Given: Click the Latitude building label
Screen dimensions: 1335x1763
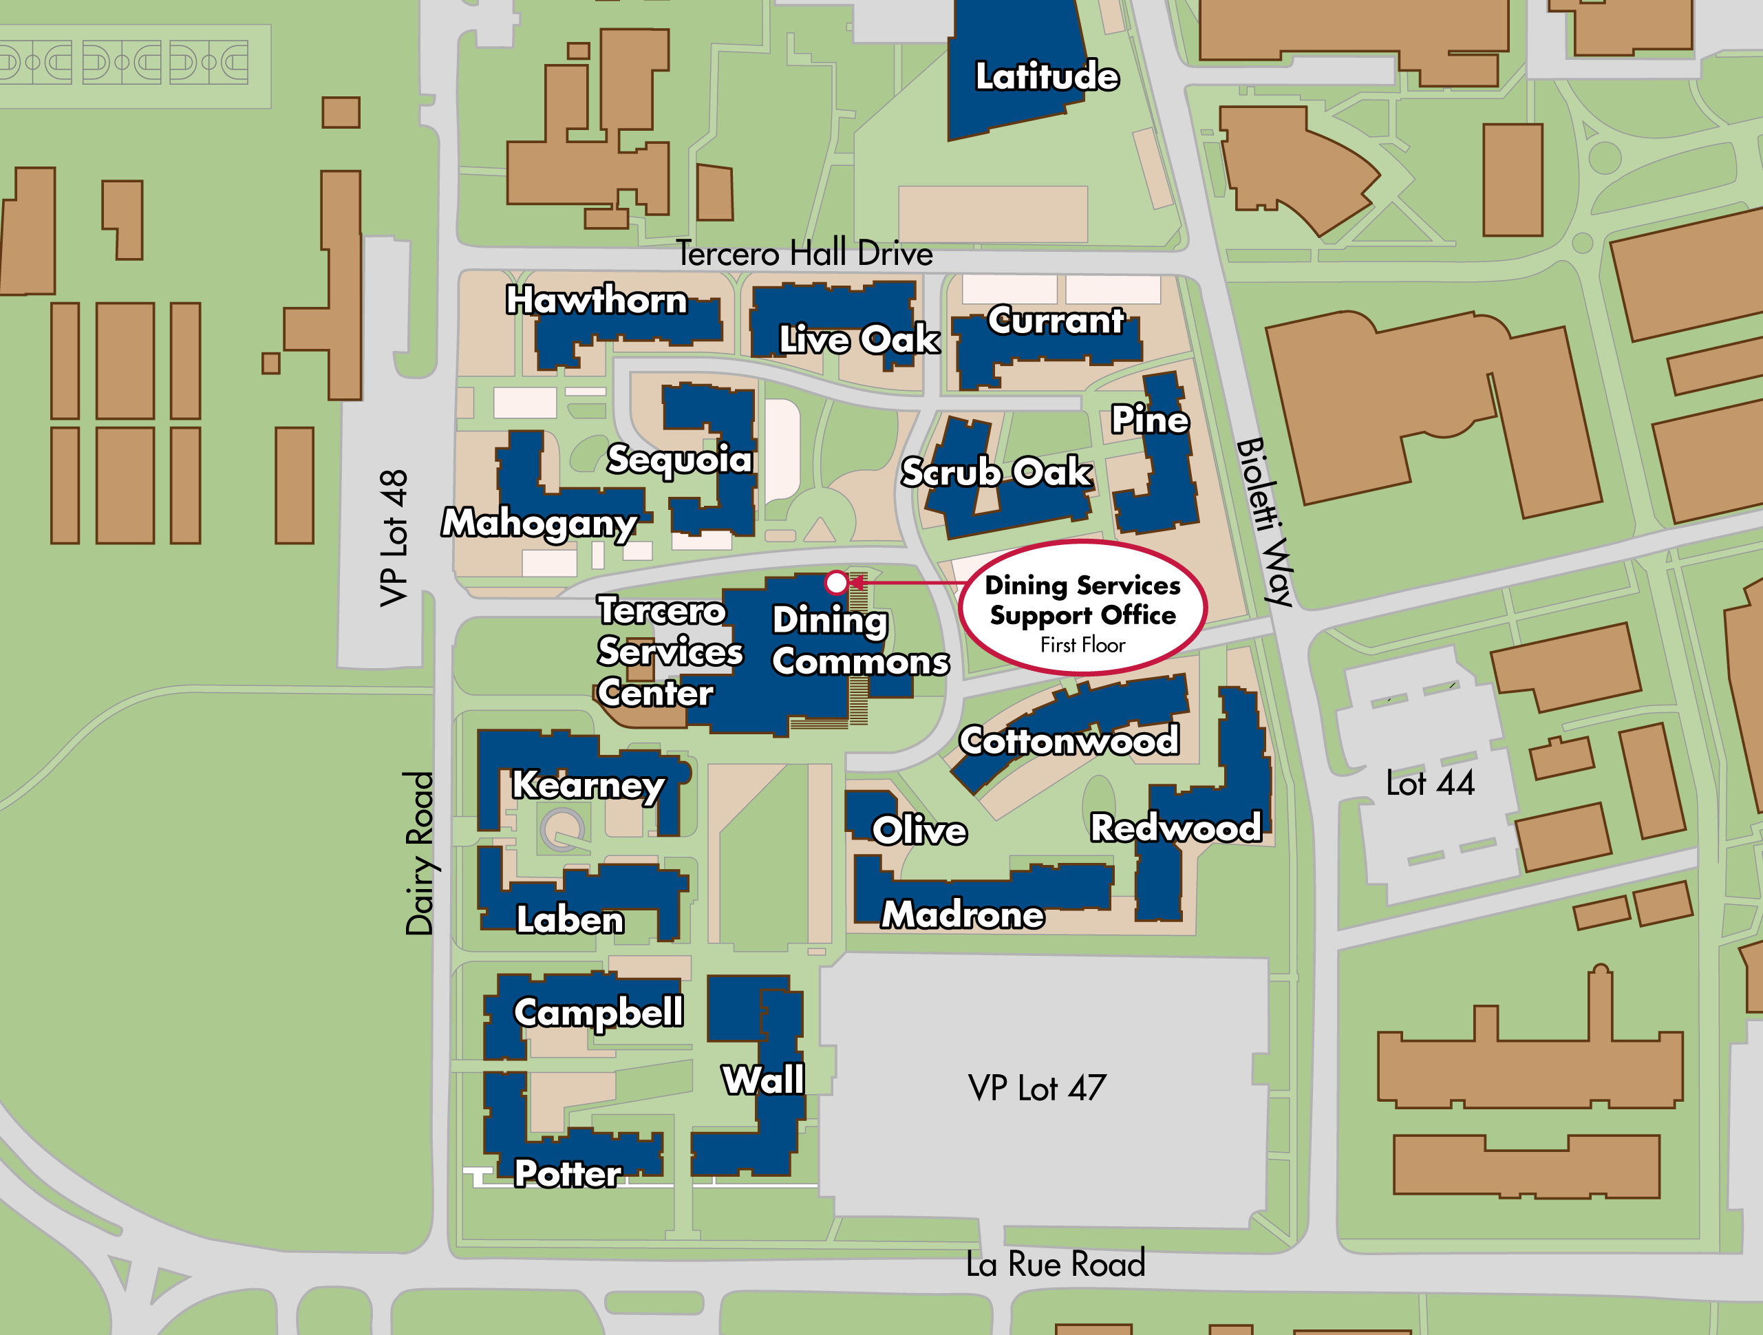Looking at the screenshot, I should click(1047, 76).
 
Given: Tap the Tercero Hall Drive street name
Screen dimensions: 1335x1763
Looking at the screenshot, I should click(804, 253).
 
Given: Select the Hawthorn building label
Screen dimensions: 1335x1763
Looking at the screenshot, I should click(596, 301).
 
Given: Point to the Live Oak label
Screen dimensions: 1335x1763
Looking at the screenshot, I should click(859, 339).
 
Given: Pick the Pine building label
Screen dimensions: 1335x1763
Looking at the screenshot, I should click(1150, 419).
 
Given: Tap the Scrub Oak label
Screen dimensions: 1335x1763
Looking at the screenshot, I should click(996, 473).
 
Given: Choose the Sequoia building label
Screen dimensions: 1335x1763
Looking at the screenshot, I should click(680, 459).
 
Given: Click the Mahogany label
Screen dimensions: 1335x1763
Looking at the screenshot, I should click(539, 524).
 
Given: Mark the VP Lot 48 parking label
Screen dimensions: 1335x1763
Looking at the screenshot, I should click(394, 538).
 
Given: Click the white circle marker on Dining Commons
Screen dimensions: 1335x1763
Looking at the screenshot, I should click(836, 583).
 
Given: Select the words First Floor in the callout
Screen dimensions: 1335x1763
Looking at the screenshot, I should click(1082, 645).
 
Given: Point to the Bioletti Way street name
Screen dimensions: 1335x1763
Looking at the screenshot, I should click(1265, 522).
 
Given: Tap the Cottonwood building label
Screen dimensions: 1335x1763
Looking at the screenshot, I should click(1069, 740).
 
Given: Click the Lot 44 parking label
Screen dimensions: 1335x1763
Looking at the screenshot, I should click(1430, 784).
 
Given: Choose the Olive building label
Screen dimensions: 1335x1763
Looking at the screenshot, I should click(920, 831).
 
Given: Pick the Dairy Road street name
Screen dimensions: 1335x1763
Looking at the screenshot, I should click(419, 853).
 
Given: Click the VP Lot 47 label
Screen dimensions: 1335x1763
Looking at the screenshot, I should click(1037, 1088).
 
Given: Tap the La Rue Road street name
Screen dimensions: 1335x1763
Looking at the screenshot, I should click(1055, 1264).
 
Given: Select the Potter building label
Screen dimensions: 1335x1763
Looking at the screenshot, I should click(568, 1173).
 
